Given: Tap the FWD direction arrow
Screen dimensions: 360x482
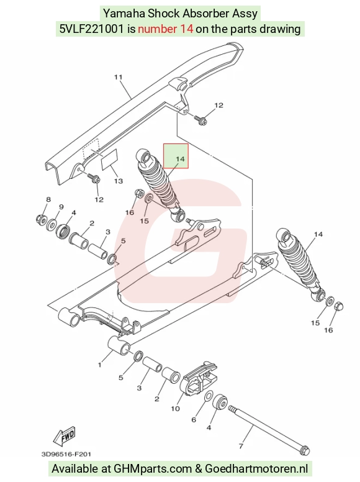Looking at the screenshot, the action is pyautogui.click(x=64, y=436).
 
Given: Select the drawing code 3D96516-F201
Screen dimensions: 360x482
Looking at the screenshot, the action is pyautogui.click(x=66, y=454).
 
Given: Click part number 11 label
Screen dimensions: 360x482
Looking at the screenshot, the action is pyautogui.click(x=119, y=77).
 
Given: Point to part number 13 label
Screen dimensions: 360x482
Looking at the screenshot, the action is pyautogui.click(x=119, y=181).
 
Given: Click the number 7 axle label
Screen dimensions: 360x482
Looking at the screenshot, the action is pyautogui.click(x=240, y=446).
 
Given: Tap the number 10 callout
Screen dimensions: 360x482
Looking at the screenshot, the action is pyautogui.click(x=175, y=409).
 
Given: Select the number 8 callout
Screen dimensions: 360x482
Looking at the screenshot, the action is pyautogui.click(x=48, y=199).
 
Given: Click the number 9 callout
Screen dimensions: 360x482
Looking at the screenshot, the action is pyautogui.click(x=61, y=207).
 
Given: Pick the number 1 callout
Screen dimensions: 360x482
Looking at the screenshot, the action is pyautogui.click(x=99, y=365).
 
